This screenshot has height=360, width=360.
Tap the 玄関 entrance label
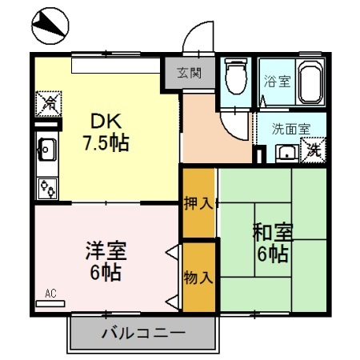tap(190, 71)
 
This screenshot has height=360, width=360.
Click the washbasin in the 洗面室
tap(286, 151)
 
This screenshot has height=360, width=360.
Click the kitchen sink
tap(46, 147)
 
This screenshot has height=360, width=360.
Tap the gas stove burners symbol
tap(47, 188)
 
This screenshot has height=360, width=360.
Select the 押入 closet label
tap(198, 202)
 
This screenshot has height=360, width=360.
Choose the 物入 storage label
tap(198, 277)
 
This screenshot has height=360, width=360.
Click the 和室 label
tap(272, 234)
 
